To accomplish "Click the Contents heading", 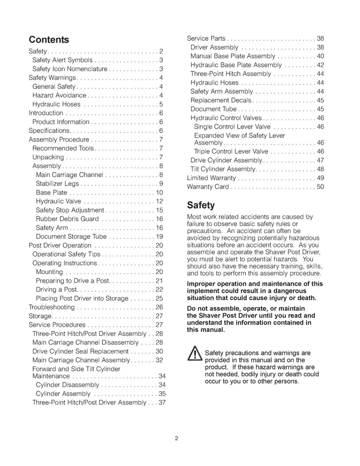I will pyautogui.click(x=49, y=39).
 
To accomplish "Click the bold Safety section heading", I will pyautogui.click(x=201, y=205).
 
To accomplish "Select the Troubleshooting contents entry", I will pyautogui.click(x=52, y=307).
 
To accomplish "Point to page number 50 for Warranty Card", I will pyautogui.click(x=320, y=187).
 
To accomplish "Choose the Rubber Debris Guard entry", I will pyautogui.click(x=67, y=219).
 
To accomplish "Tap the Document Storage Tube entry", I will pyautogui.click(x=70, y=236).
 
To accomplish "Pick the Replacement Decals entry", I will pyautogui.click(x=221, y=100).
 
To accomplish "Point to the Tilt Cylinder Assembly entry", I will pyautogui.click(x=223, y=169).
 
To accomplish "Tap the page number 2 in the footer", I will pyautogui.click(x=177, y=439).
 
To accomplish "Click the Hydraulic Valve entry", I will pyautogui.click(x=58, y=201).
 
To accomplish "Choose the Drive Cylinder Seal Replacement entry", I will pyautogui.click(x=81, y=351).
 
